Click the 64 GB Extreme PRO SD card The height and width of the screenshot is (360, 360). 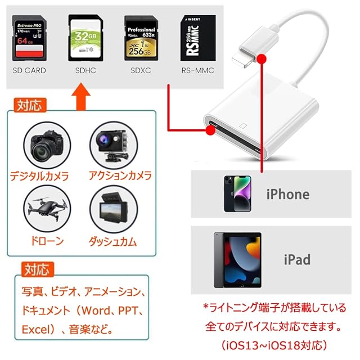(29, 38)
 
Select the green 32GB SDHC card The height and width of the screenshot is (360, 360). (85, 38)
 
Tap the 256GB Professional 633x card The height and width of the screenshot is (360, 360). (141, 38)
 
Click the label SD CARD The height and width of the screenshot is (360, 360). (29, 71)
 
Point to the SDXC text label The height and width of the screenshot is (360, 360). (141, 71)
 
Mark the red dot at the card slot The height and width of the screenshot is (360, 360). (210, 130)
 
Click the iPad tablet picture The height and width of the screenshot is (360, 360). (237, 259)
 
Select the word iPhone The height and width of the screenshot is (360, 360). (287, 195)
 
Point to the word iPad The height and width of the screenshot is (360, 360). (296, 259)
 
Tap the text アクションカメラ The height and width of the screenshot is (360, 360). (120, 175)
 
